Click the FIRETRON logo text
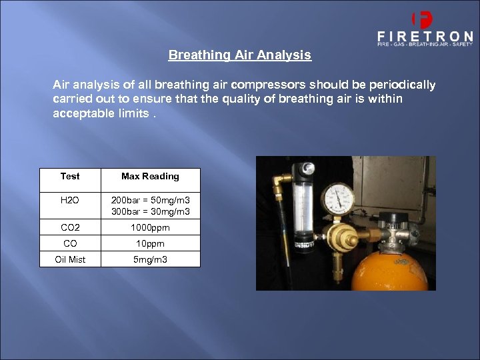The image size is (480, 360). click(x=425, y=36)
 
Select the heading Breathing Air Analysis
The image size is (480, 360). click(x=239, y=55)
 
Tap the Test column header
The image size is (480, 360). click(x=70, y=177)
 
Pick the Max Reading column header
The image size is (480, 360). click(x=150, y=177)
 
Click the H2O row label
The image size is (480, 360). click(x=70, y=200)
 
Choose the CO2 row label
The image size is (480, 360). click(x=70, y=227)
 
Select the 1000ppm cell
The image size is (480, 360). click(x=150, y=227)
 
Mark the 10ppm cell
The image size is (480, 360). click(x=150, y=243)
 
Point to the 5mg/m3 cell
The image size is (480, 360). click(x=150, y=259)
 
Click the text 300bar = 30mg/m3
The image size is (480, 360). click(x=150, y=212)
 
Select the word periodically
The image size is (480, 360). click(x=401, y=85)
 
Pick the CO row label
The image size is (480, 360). click(x=70, y=243)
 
